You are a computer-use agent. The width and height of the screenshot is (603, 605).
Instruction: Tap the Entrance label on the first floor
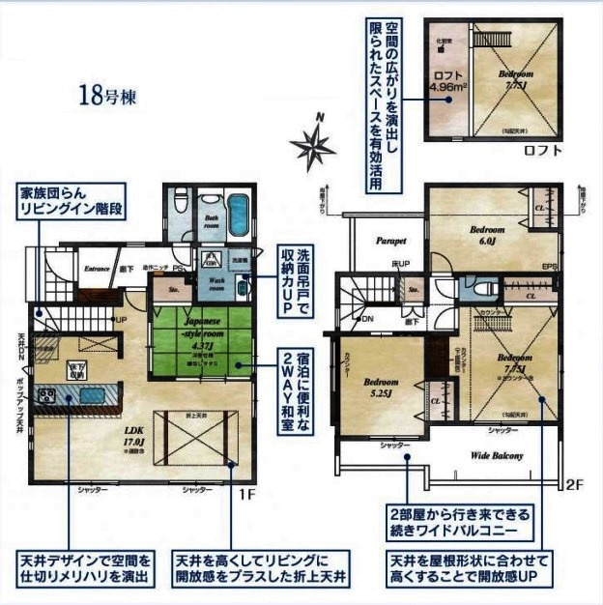pyautogui.click(x=97, y=269)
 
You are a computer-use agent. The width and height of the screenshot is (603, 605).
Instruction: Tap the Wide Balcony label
pyautogui.click(x=496, y=455)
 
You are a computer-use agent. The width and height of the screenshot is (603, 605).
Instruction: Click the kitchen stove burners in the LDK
pyautogui.click(x=49, y=393)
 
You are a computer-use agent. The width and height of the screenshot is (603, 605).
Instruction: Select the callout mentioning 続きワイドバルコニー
pyautogui.click(x=446, y=522)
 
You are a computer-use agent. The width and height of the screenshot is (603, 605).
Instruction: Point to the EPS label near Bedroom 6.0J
pyautogui.click(x=549, y=266)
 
